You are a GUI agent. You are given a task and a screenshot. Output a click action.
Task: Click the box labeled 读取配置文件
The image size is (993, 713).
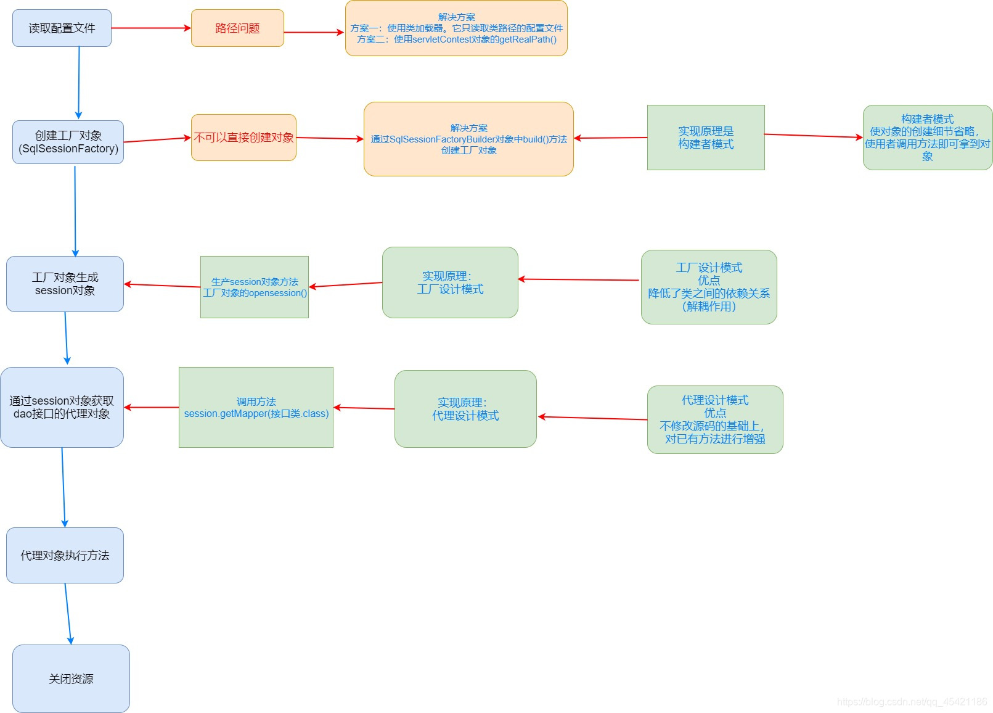coord(62,28)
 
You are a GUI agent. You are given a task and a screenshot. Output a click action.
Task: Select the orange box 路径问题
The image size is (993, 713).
coord(237,28)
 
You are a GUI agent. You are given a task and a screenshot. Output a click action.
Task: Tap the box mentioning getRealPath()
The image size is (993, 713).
coord(456,28)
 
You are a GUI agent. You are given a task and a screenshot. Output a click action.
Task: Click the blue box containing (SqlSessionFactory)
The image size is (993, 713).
coord(68,142)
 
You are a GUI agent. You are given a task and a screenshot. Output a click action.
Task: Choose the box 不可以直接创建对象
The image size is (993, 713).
coord(243,138)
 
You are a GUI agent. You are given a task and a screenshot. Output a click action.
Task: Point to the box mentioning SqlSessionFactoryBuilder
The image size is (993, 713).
coord(468,139)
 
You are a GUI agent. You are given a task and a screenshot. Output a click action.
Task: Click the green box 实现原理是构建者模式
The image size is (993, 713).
coord(706,138)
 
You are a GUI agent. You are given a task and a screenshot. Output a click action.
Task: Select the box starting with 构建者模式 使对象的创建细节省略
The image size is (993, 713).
coord(927,138)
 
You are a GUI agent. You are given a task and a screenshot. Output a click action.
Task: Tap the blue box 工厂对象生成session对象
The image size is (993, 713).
coord(65,284)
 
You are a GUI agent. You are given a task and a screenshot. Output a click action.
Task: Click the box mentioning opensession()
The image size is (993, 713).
coord(255,287)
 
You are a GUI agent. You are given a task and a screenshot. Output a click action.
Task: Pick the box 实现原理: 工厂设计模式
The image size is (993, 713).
coord(450,282)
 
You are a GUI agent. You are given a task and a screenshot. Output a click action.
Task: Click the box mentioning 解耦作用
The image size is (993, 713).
coord(709,287)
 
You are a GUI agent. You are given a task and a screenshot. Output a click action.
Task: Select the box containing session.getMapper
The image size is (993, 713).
coord(256,408)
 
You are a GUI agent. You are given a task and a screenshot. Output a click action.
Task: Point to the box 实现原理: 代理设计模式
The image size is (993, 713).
coord(465,409)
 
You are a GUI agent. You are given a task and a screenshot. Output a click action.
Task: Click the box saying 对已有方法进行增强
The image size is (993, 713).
coord(715,420)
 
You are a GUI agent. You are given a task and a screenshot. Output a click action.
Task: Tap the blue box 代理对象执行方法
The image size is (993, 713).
coord(65,556)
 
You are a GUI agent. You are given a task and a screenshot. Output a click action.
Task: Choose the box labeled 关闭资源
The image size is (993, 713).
coord(71,678)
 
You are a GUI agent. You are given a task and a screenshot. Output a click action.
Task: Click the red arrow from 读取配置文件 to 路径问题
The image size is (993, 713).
coord(151,28)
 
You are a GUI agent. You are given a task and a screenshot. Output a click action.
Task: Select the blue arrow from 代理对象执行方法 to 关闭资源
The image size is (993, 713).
coord(68,614)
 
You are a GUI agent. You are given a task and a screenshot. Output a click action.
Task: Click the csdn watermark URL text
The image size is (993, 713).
coord(912,702)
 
